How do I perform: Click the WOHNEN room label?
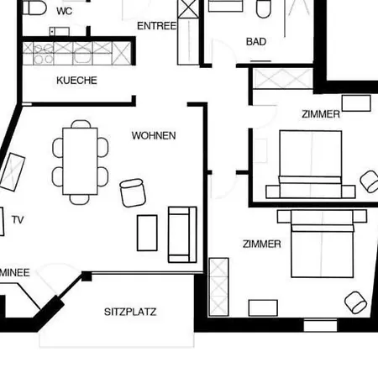pyautogui.click(x=154, y=135)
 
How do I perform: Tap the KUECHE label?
pyautogui.click(x=76, y=81)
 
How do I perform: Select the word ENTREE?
pyautogui.click(x=157, y=26)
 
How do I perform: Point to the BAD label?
pyautogui.click(x=256, y=41)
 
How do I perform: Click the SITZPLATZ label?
pyautogui.click(x=130, y=312)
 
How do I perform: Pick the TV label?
pyautogui.click(x=18, y=220)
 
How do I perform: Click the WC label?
pyautogui.click(x=65, y=11)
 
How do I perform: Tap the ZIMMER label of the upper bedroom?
pyautogui.click(x=321, y=114)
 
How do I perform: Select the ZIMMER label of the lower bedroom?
pyautogui.click(x=261, y=244)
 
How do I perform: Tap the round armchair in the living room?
pyautogui.click(x=133, y=192)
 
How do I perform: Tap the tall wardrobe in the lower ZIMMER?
pyautogui.click(x=218, y=286)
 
